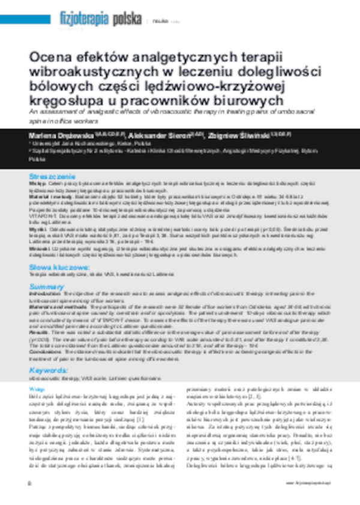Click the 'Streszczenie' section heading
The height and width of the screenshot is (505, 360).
pos(53,178)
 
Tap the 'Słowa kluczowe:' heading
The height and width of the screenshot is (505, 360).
pos(56,249)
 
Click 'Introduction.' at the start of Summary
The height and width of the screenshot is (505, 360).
pos(44,278)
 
